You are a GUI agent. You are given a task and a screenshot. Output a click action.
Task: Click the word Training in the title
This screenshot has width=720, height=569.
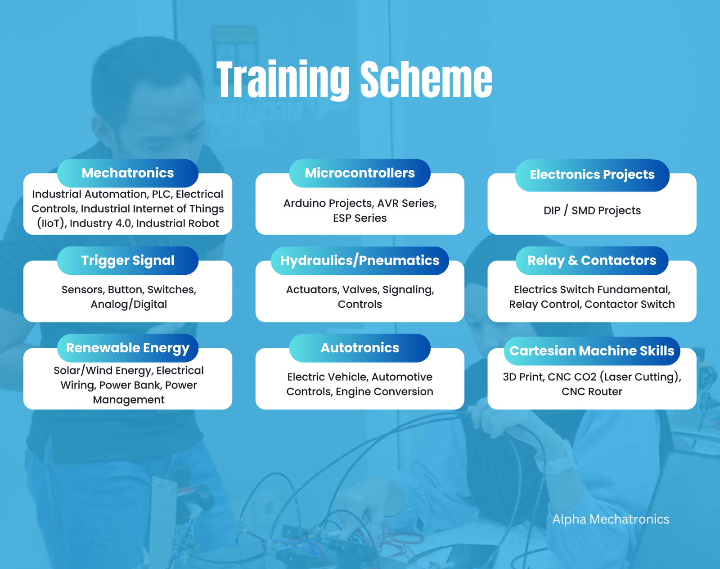(283, 80)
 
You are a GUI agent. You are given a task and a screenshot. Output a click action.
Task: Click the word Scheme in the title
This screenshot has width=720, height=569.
(426, 80)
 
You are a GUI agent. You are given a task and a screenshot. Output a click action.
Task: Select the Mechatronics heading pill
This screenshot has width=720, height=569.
(127, 173)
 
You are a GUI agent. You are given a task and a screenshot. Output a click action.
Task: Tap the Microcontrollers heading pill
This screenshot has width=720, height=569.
(360, 173)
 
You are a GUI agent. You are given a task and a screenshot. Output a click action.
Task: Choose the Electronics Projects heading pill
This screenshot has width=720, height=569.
(592, 175)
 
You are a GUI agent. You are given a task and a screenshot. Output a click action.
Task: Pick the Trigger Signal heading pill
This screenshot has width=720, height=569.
(127, 260)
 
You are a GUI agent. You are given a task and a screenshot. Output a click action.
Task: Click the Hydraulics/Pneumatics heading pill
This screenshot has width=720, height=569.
(360, 260)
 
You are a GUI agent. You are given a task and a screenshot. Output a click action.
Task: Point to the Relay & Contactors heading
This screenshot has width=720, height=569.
(592, 260)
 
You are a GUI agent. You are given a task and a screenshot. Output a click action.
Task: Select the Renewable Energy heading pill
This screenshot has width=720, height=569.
(127, 348)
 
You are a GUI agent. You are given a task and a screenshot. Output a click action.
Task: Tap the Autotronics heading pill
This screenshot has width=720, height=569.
(360, 348)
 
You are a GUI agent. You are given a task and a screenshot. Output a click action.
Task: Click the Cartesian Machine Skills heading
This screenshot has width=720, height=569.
(592, 351)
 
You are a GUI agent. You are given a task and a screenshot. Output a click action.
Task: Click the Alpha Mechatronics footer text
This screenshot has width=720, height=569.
(611, 519)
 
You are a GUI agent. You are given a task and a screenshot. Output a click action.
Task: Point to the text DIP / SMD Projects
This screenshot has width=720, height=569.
(592, 210)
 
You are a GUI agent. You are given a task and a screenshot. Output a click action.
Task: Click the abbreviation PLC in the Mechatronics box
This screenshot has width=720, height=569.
(162, 194)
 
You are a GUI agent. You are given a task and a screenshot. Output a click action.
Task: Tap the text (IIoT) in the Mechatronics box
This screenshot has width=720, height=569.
(50, 223)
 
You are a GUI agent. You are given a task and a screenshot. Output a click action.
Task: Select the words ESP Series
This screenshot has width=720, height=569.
(360, 218)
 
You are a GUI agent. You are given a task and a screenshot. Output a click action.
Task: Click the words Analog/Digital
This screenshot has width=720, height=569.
(129, 304)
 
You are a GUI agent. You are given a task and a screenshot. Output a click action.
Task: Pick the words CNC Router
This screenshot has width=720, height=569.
(592, 391)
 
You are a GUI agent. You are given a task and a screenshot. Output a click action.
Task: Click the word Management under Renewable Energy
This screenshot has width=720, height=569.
(129, 400)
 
